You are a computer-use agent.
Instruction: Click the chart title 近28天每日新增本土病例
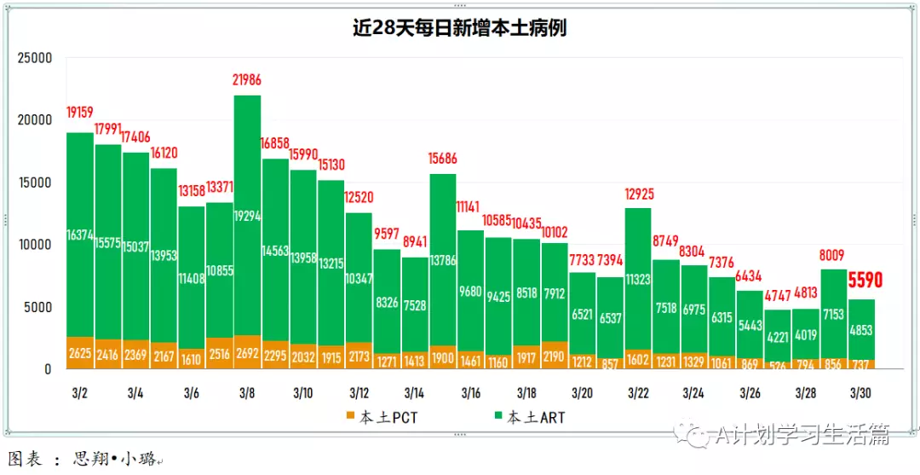point(460,28)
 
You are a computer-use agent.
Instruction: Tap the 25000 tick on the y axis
point(35,58)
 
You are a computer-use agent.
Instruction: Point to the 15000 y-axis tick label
point(35,182)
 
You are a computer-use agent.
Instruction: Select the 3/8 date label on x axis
point(247,393)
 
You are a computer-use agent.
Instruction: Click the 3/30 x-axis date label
point(861,393)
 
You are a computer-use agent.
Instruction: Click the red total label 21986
point(247,81)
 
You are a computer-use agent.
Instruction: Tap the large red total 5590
point(865,281)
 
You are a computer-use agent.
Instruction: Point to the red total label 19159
point(80,113)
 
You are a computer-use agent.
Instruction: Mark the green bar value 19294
point(247,217)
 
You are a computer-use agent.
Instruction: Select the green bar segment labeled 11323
point(638,278)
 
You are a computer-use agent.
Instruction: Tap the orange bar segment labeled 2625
point(80,353)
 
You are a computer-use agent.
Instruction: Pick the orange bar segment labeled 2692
point(247,352)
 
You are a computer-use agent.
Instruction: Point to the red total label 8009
point(834,254)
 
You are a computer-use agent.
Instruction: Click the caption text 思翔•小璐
point(114,460)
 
